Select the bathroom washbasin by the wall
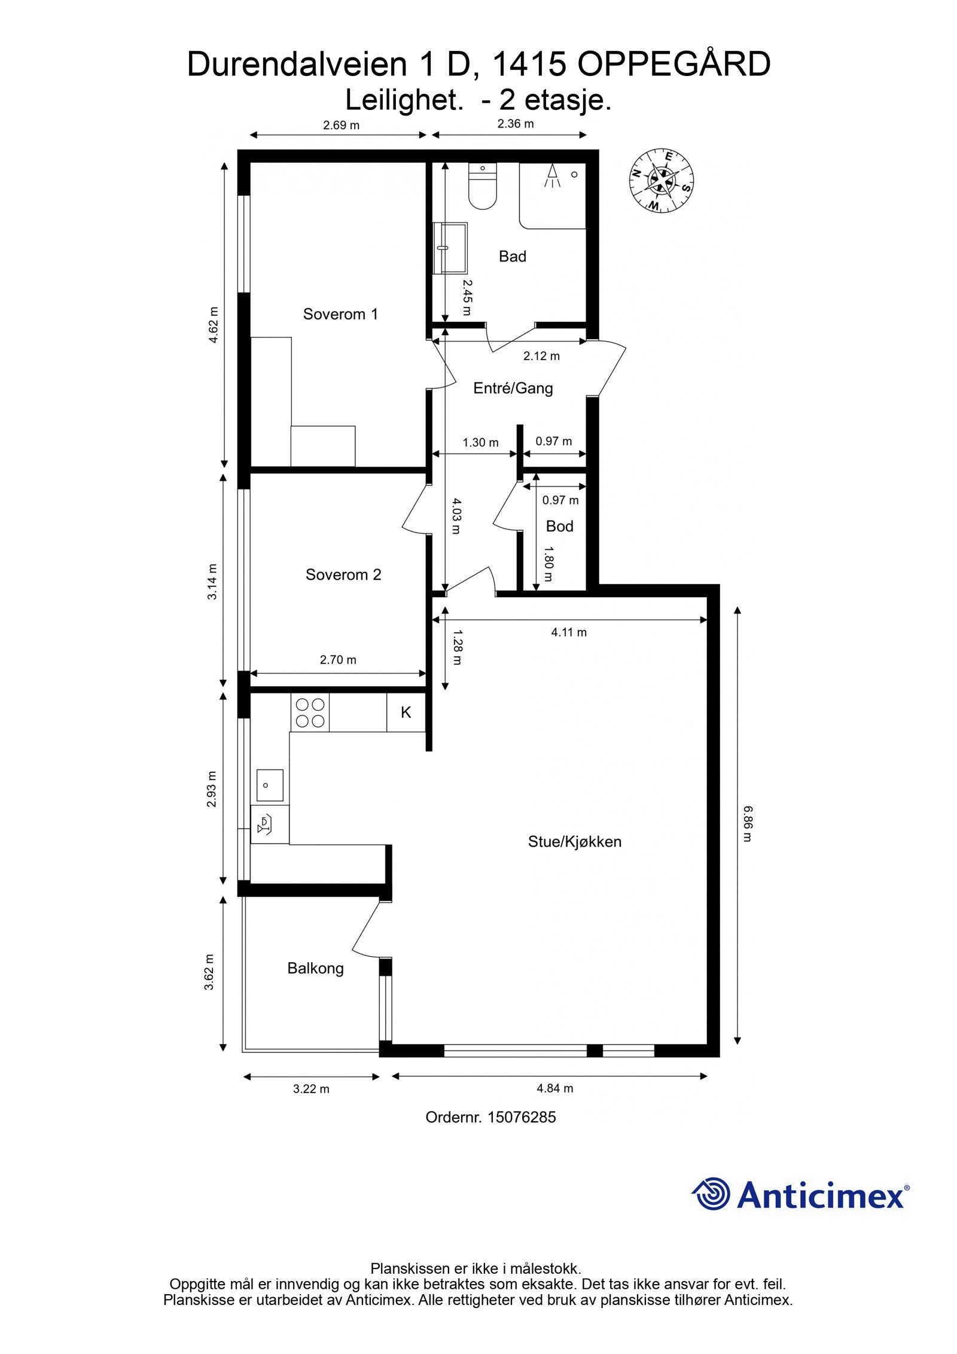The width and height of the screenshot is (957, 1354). tap(450, 248)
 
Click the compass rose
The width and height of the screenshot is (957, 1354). tap(661, 179)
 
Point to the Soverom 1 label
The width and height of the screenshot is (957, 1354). tap(340, 314)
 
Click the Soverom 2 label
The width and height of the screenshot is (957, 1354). tap(343, 574)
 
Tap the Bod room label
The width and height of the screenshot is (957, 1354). tap(559, 526)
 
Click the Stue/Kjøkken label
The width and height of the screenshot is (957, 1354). tap(574, 841)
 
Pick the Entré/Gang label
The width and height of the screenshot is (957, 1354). tap(513, 388)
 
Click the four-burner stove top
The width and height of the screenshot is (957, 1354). tap(310, 713)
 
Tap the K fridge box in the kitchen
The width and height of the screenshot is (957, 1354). tap(406, 712)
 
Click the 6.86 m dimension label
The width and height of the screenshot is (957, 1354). tap(747, 823)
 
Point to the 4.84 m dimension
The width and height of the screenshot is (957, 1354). tap(554, 1088)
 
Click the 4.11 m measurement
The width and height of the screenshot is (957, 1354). tap(568, 632)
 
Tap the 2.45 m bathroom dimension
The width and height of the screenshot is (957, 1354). tap(466, 297)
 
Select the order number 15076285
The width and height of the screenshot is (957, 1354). tap(522, 1117)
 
